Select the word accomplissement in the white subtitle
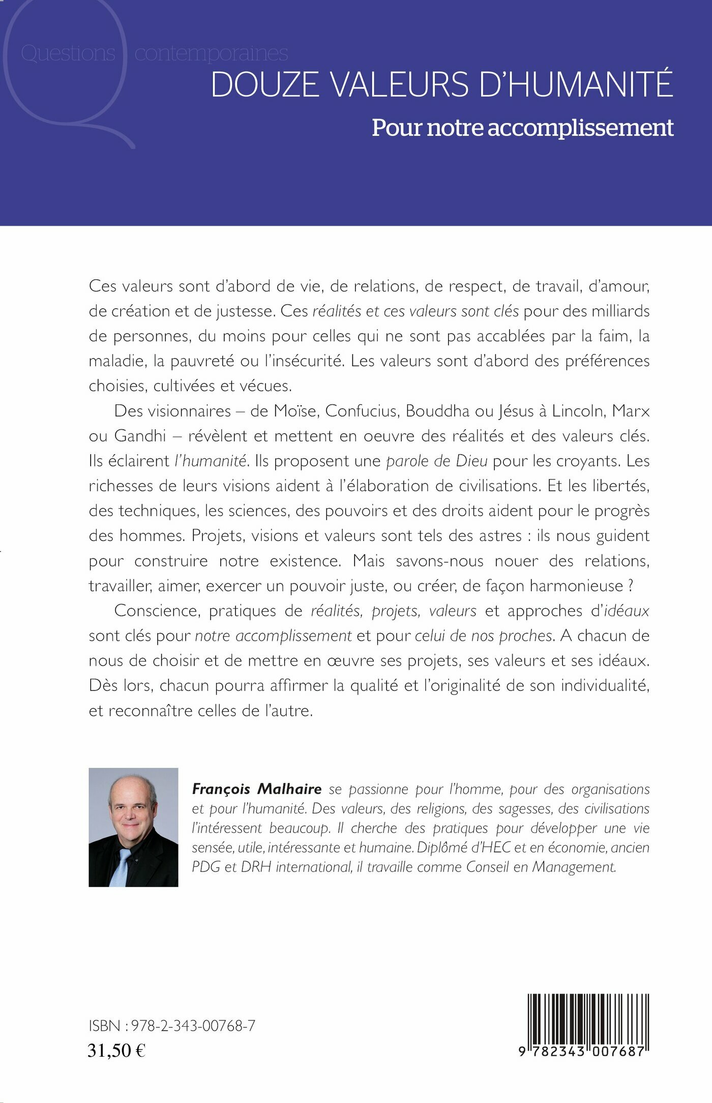coord(580,128)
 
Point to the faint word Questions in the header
coord(68,53)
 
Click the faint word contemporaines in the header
coord(211,53)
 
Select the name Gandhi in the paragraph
coord(140,436)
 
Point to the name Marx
coord(631,411)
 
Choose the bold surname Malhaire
coord(289,789)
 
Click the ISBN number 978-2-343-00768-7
coord(193,1026)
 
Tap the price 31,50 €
coord(116,1050)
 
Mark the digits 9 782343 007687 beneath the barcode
coord(582,1051)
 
